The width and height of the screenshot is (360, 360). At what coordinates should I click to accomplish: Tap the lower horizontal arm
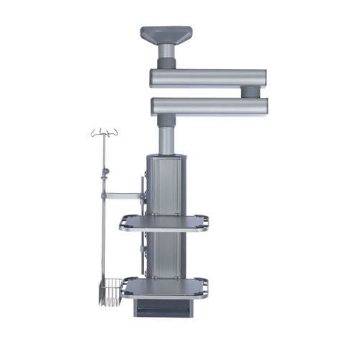209,106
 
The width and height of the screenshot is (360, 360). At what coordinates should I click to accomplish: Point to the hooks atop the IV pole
104,132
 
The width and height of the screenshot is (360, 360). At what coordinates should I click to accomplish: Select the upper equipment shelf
164,222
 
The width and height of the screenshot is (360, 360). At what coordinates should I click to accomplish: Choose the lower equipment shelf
164,287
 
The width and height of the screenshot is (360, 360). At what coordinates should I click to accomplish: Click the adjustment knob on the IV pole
105,171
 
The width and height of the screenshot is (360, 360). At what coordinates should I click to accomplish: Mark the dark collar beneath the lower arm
166,120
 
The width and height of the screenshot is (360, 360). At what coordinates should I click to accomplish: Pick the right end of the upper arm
261,77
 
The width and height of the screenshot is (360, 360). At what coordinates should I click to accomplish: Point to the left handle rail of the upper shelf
123,223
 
